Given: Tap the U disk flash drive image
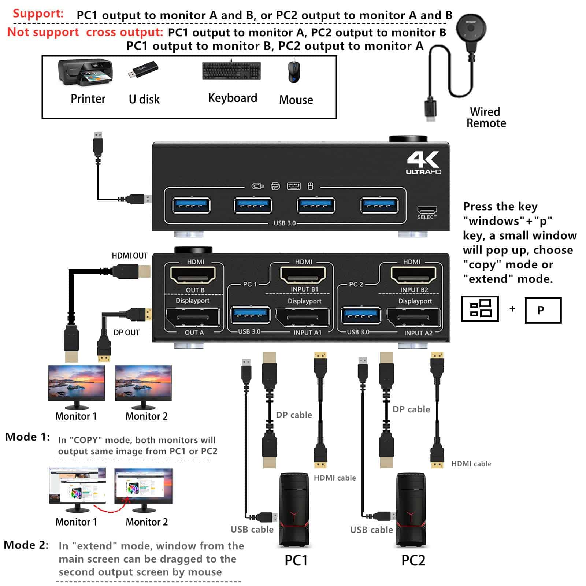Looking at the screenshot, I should (143, 70).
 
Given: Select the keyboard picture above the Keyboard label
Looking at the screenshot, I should (231, 71).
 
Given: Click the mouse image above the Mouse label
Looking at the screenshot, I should (294, 71).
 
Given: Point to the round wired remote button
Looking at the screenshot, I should (471, 28).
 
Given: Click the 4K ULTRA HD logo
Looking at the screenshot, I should (423, 163).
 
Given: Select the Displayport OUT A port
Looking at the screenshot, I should (193, 317).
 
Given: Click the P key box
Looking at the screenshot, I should (543, 310).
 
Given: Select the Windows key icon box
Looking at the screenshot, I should (480, 309).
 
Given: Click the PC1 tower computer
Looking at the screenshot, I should (294, 509).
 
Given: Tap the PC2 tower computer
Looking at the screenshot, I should (411, 509).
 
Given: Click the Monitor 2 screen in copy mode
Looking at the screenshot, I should (143, 383).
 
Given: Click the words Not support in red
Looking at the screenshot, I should (43, 32).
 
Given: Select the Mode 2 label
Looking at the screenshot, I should (26, 545).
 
